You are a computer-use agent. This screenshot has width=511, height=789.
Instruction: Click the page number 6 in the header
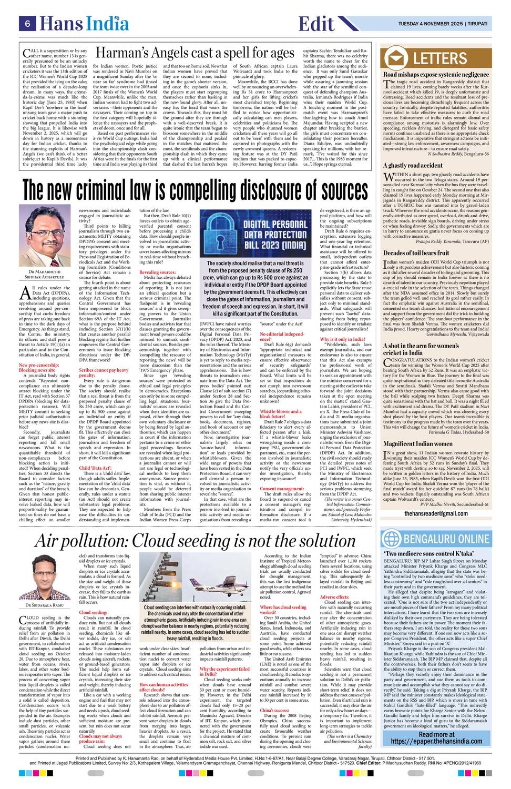point(26,24)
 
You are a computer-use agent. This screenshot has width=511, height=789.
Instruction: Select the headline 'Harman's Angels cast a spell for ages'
point(195,54)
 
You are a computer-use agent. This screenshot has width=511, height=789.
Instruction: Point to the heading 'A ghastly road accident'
point(413,165)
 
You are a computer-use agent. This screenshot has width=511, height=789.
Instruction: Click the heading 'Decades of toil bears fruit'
point(416,253)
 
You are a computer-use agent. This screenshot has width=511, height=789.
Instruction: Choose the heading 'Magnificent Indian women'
point(418,443)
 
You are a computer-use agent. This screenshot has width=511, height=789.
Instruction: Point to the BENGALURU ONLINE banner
point(442,539)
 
